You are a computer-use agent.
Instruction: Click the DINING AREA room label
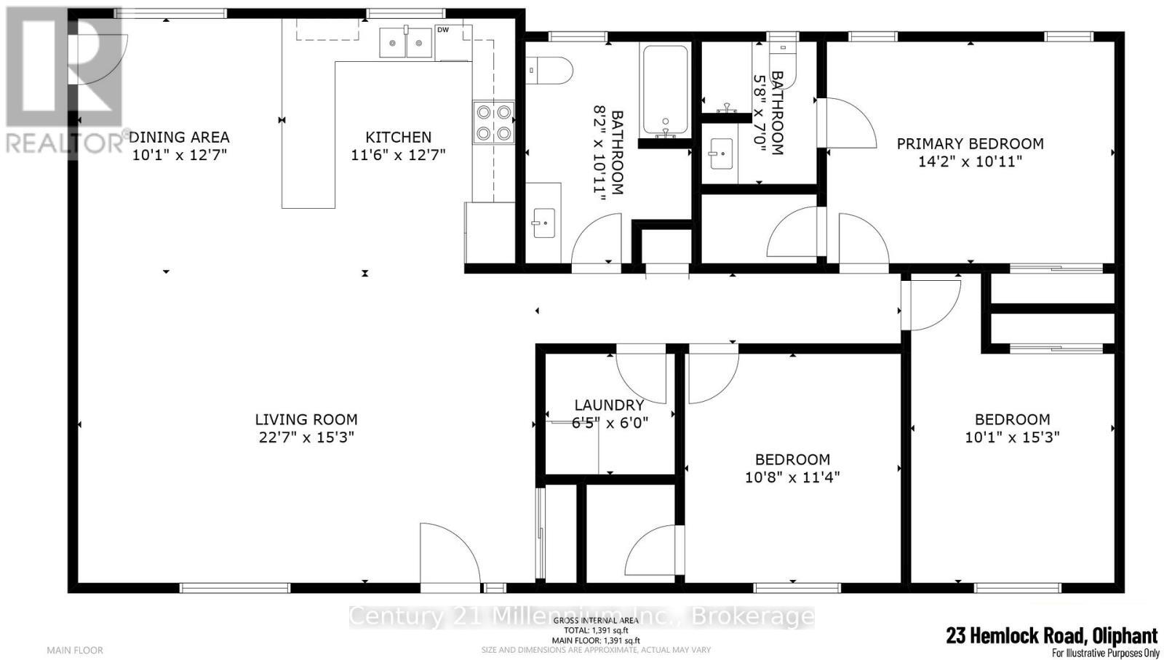point(180,137)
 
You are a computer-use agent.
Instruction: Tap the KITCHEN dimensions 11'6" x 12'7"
point(398,154)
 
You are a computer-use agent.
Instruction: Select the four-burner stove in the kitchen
point(493,122)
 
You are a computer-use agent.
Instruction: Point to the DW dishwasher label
point(442,30)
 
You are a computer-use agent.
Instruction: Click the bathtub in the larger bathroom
point(664,91)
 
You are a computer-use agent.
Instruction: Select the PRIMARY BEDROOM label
point(970,144)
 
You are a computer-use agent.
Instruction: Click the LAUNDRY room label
point(609,405)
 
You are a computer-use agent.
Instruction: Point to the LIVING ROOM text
point(306,419)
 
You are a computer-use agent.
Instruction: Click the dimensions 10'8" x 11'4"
point(792,477)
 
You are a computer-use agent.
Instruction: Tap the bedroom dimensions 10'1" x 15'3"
point(1012,437)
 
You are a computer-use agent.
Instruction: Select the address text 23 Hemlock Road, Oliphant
point(1051,635)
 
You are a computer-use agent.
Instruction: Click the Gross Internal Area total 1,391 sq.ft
point(596,630)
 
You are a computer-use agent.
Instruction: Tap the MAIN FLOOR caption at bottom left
point(75,650)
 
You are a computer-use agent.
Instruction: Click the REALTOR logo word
point(64,143)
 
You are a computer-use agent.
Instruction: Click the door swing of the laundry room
point(642,377)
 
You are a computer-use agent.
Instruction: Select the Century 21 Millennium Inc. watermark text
point(582,616)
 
